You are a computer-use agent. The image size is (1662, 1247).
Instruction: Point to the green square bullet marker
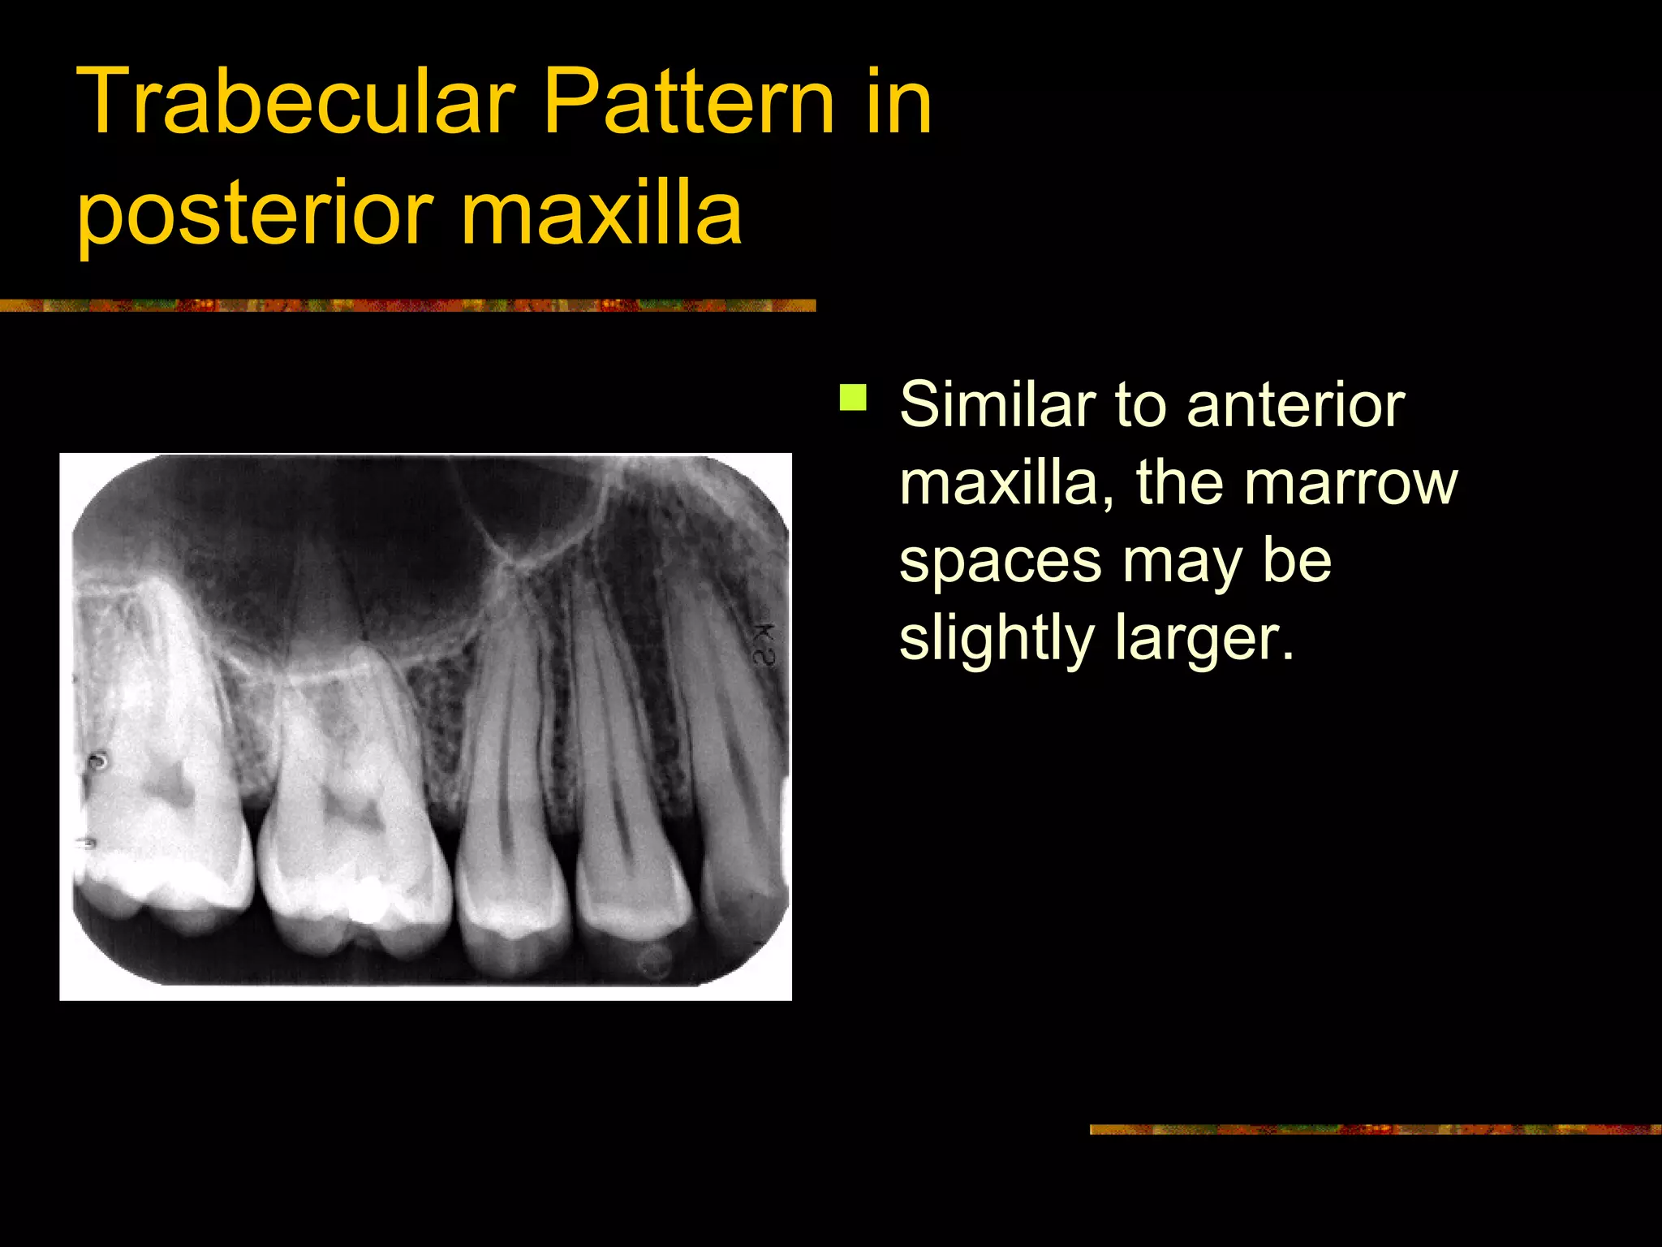(x=852, y=399)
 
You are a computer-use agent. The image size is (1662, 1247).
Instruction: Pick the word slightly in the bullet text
(x=997, y=638)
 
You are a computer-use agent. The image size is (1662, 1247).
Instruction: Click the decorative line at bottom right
(x=1375, y=1129)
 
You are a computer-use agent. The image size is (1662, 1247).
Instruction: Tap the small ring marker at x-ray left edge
(x=97, y=761)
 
